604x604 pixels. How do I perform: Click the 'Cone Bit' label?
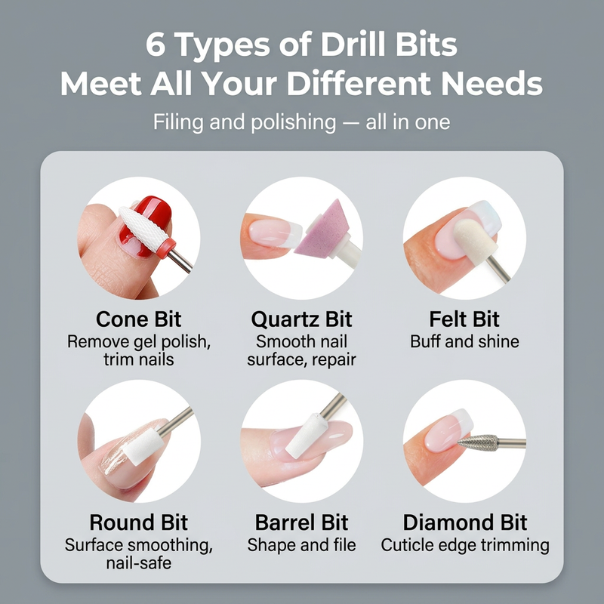click(x=139, y=319)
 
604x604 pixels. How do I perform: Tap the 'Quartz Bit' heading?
click(x=301, y=319)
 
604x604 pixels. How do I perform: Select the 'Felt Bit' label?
click(x=464, y=319)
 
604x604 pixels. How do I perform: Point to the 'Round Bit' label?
click(x=139, y=522)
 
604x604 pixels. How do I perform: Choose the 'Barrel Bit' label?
click(x=301, y=522)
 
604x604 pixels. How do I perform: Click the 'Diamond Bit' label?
click(x=465, y=522)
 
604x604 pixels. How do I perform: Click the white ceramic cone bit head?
click(x=143, y=228)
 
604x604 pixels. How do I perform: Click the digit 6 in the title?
click(x=156, y=45)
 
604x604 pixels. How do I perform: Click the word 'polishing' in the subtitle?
click(x=294, y=122)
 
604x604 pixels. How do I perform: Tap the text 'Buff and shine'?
click(x=464, y=342)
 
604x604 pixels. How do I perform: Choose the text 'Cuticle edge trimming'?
click(x=465, y=545)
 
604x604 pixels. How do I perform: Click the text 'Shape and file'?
click(x=301, y=545)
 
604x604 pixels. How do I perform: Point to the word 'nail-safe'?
click(x=139, y=563)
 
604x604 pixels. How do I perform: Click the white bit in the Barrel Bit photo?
click(x=307, y=436)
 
